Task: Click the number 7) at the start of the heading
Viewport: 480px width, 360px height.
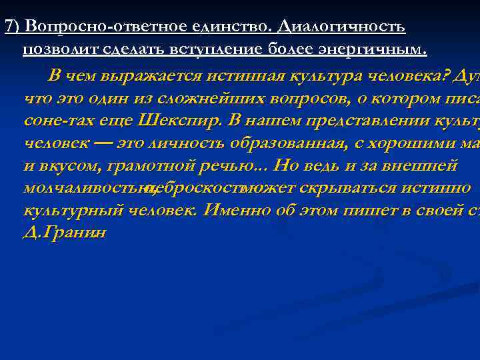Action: click(12, 26)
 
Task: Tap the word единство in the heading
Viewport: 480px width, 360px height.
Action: click(236, 26)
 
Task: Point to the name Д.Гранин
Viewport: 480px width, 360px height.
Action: click(65, 235)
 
